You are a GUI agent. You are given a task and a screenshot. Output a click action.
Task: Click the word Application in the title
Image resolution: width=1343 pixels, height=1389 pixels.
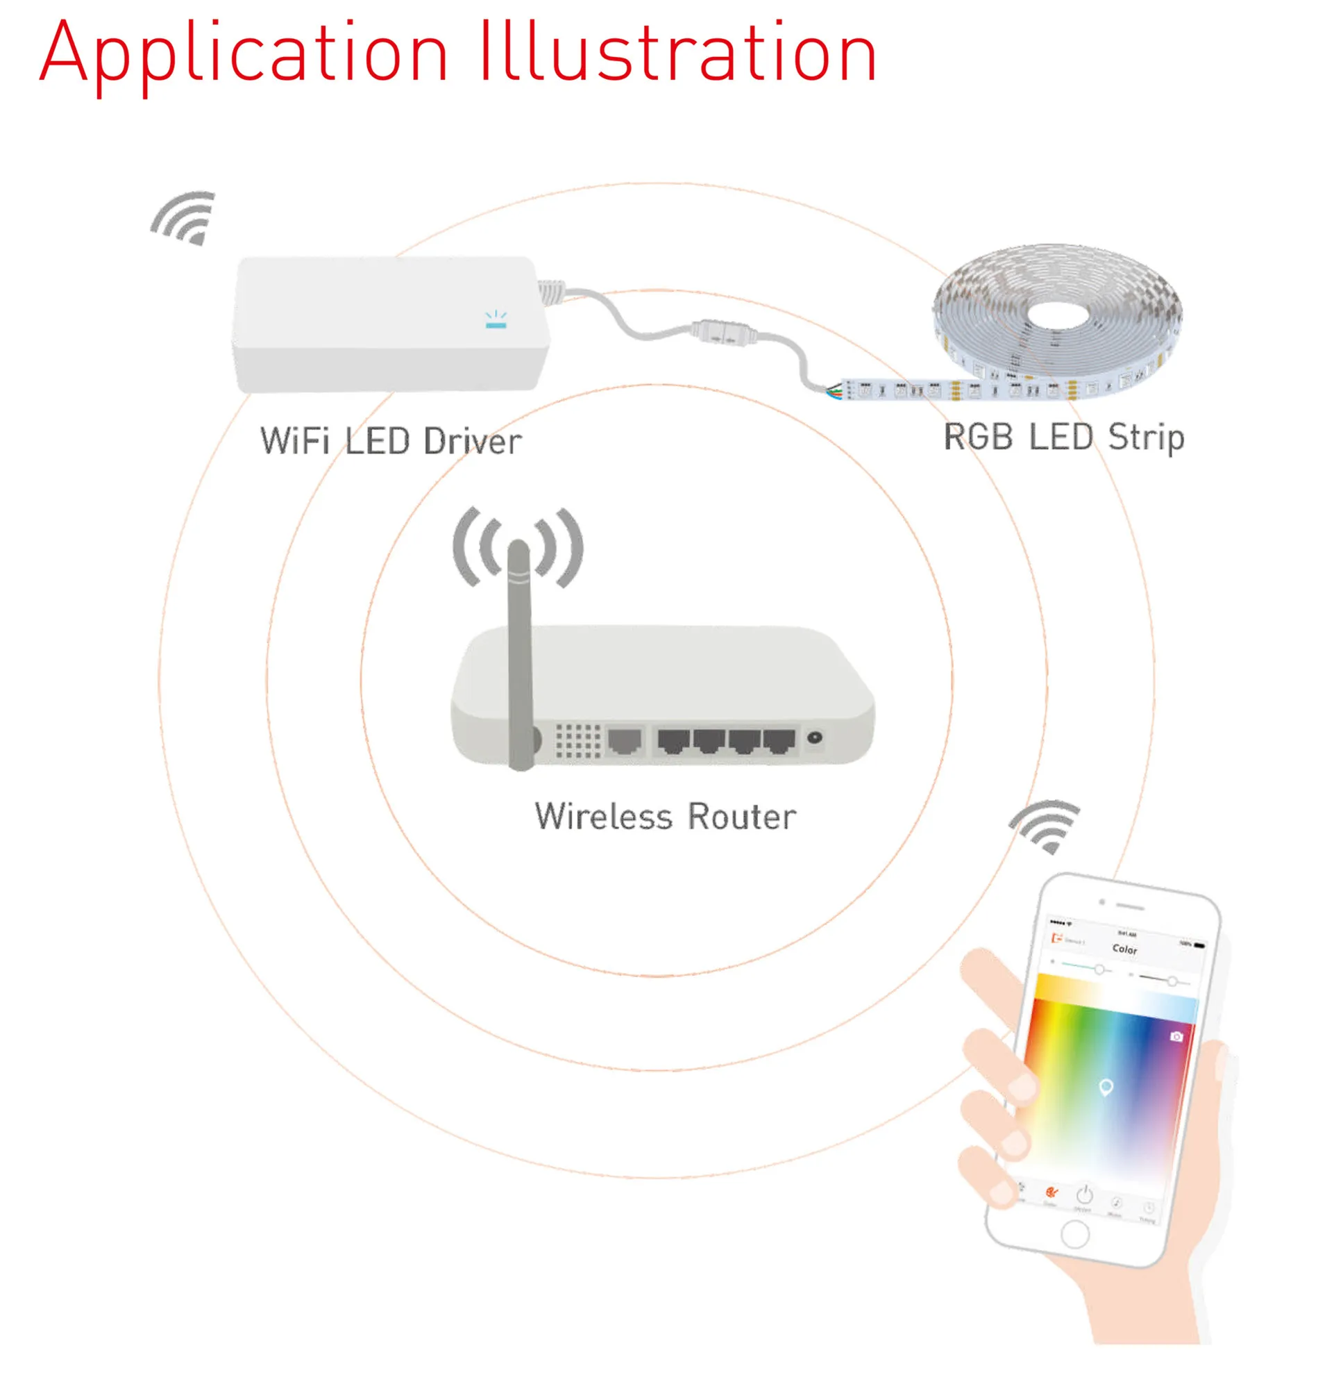click(x=244, y=53)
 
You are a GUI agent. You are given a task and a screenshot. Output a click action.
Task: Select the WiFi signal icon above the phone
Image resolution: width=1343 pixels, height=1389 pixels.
click(x=1045, y=825)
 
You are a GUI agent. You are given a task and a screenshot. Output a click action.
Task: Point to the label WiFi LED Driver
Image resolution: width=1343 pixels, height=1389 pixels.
click(x=391, y=441)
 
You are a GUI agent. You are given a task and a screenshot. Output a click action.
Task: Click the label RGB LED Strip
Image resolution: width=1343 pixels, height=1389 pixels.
click(x=1064, y=437)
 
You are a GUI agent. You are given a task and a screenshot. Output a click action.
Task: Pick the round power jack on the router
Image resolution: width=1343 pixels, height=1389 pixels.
click(x=816, y=738)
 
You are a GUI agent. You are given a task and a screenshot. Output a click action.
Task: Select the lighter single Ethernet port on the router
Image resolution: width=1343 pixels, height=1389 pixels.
click(x=625, y=740)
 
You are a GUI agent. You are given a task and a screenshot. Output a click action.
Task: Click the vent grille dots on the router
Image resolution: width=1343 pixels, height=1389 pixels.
click(x=577, y=740)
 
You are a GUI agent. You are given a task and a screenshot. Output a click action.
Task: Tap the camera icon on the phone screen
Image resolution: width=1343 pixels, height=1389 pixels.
click(x=1176, y=1037)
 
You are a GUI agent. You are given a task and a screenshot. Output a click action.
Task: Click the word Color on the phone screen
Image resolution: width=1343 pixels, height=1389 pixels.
click(x=1125, y=949)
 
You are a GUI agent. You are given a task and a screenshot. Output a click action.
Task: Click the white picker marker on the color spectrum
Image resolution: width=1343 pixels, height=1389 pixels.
click(x=1106, y=1087)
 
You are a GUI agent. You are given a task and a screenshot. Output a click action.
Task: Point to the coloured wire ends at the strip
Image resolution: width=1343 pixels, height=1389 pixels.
click(x=836, y=390)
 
